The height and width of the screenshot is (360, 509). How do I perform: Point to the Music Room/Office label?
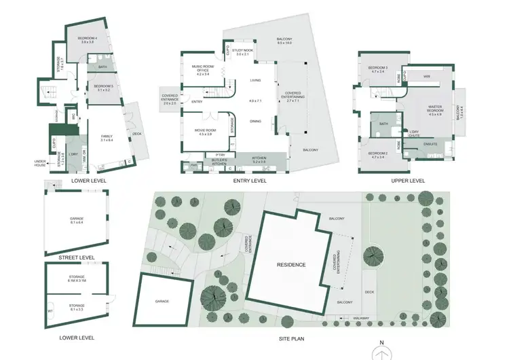click(203, 68)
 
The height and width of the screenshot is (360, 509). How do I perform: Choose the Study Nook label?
click(242, 52)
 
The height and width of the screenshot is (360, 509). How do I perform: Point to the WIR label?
click(428, 77)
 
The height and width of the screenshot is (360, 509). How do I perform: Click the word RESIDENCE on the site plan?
click(290, 265)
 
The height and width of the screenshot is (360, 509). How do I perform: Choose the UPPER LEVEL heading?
click(408, 181)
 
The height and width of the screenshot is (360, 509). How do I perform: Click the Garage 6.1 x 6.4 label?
click(77, 220)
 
